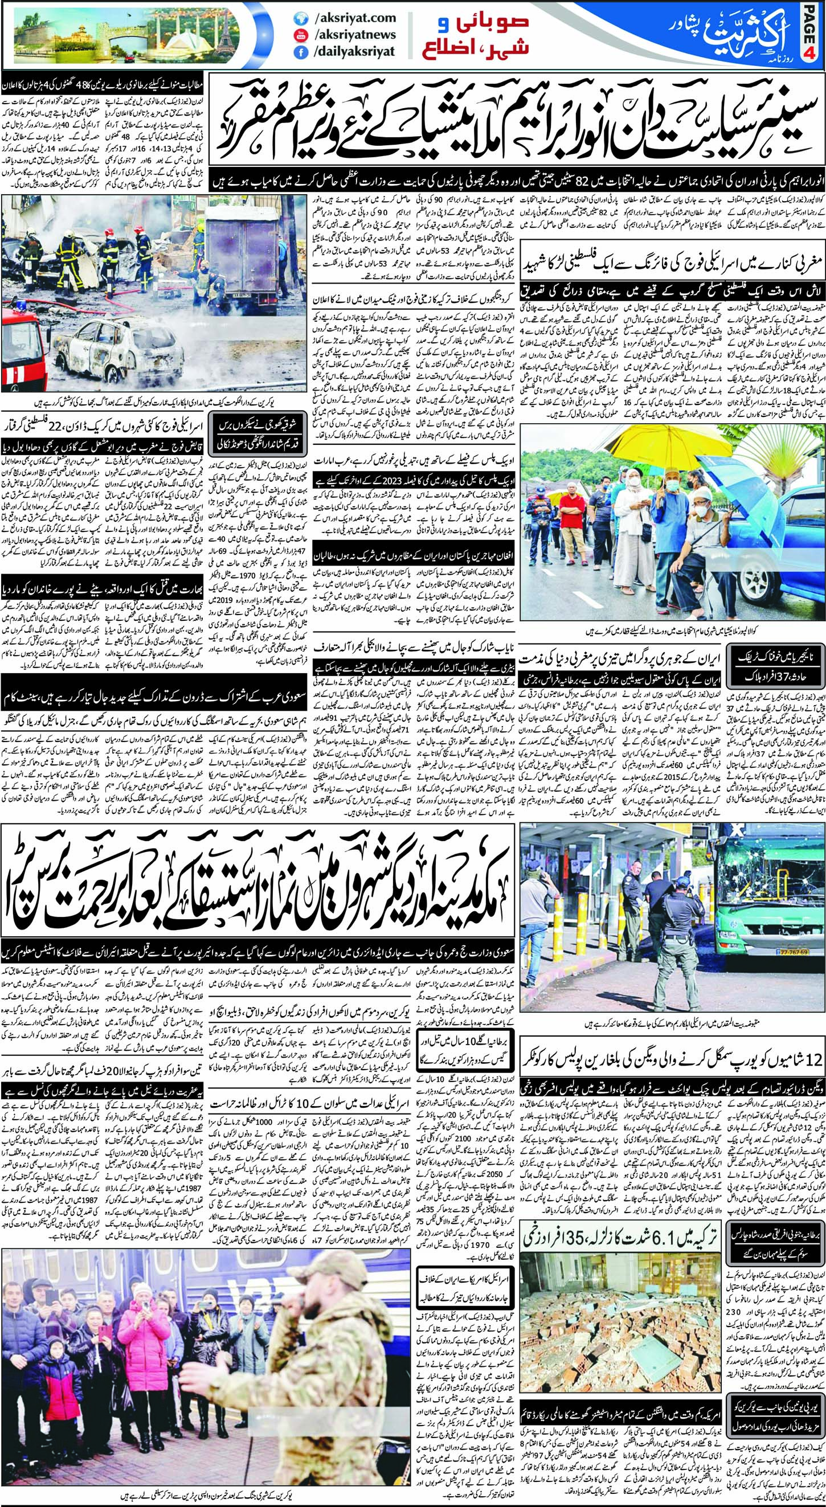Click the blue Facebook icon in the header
[x=301, y=52]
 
